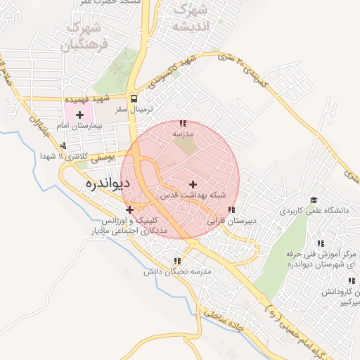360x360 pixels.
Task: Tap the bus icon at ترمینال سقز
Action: [134, 99]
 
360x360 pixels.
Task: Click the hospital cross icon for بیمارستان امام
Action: [79, 115]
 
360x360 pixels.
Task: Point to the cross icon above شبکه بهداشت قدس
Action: [193, 184]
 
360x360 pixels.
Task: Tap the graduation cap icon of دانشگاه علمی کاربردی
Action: [313, 200]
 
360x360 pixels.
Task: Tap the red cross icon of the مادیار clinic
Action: [129, 210]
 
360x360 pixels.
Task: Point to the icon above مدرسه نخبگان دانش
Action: [177, 261]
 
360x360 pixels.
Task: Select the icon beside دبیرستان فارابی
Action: [231, 210]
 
